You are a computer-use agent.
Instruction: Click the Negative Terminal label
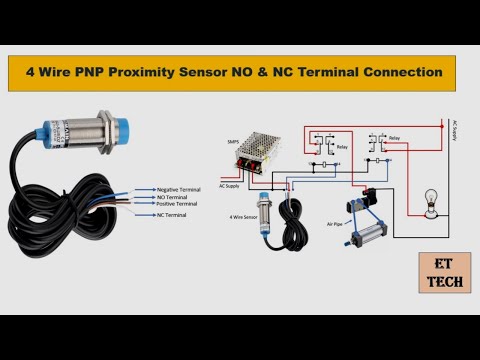click(179, 189)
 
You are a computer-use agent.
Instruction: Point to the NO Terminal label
click(172, 197)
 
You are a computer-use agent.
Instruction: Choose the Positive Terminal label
click(177, 204)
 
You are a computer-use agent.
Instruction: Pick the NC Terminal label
click(171, 215)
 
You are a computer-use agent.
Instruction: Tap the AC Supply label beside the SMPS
click(231, 186)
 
